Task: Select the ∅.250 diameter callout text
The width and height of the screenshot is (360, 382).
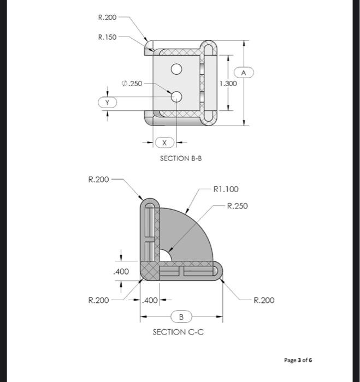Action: click(x=131, y=83)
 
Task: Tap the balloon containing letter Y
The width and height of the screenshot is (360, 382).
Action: click(x=107, y=102)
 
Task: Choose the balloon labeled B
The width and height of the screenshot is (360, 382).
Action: click(x=181, y=316)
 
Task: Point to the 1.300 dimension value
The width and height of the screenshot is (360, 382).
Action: click(x=227, y=83)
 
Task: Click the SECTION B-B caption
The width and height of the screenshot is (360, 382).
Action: click(x=178, y=158)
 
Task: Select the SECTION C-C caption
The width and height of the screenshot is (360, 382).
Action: click(x=178, y=332)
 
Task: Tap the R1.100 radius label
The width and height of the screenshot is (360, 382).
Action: click(x=227, y=189)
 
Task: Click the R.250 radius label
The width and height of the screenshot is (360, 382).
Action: click(x=237, y=206)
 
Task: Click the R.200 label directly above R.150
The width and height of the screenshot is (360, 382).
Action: click(x=107, y=18)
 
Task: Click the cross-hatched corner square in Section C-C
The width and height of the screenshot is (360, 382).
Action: click(x=149, y=270)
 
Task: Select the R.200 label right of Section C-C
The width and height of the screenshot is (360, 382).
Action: click(x=264, y=300)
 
